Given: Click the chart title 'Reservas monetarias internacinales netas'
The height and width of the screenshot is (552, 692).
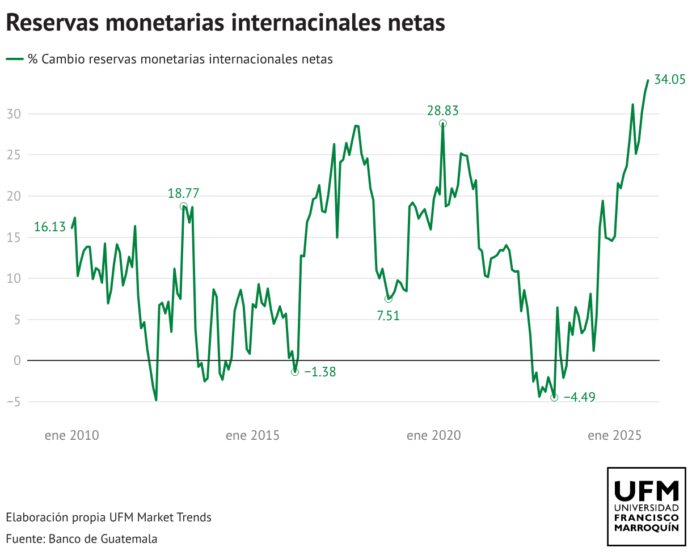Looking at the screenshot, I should click(x=225, y=23).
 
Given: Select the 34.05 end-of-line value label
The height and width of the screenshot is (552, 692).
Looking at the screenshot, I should click(x=670, y=79).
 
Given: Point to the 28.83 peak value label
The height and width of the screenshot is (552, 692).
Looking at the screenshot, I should click(x=442, y=111).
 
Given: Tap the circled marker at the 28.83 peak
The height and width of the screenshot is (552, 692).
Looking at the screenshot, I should click(x=442, y=124).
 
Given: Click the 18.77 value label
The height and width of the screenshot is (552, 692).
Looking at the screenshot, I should click(x=183, y=193).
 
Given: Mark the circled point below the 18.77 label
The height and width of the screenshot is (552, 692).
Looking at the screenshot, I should click(x=183, y=206).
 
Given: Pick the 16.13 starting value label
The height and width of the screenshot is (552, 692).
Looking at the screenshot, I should click(x=50, y=227).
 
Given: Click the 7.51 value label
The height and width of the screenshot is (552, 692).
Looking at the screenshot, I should click(x=388, y=316).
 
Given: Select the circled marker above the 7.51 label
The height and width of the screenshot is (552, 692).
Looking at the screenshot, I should click(x=388, y=299).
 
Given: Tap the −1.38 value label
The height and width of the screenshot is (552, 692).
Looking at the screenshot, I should click(x=320, y=372).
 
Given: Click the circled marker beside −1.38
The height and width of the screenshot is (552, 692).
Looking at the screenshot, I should click(x=295, y=372).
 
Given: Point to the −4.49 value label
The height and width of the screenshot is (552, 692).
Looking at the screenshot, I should click(x=579, y=397).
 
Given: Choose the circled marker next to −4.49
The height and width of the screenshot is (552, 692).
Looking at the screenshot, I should click(x=554, y=398).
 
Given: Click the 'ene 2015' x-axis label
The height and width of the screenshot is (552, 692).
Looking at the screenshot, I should click(x=252, y=435).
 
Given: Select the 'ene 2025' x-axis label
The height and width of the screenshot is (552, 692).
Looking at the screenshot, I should click(x=614, y=435).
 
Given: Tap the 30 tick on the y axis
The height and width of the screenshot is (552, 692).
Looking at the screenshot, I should click(x=14, y=114).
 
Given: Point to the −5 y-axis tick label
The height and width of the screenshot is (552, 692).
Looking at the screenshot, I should click(x=14, y=402).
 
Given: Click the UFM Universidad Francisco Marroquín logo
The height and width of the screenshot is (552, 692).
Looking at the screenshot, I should click(x=646, y=506).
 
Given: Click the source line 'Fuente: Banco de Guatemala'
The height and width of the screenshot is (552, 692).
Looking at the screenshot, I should click(x=82, y=538).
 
